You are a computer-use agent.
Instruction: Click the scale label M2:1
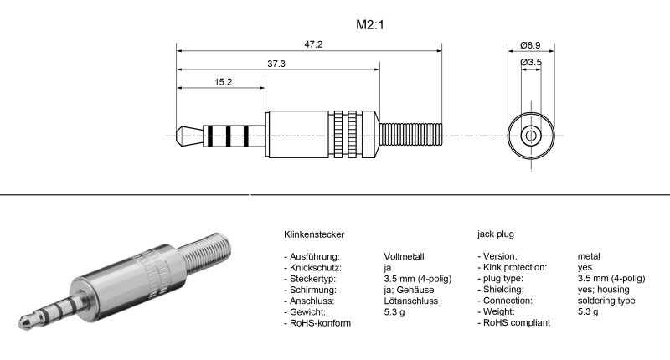point(369,25)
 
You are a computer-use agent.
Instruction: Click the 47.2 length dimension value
point(313,44)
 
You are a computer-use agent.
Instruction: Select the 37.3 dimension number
point(276,64)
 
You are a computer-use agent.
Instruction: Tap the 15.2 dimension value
point(223,82)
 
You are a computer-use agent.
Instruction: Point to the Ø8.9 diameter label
point(529,44)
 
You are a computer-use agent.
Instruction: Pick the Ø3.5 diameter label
point(530,63)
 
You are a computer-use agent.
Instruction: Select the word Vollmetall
point(405,256)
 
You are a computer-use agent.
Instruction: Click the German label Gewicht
point(312,312)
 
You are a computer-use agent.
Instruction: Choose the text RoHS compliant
point(518,323)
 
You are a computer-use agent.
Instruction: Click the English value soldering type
point(606,301)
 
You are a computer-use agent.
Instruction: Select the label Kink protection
point(515,267)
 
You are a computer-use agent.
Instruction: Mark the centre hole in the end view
point(530,135)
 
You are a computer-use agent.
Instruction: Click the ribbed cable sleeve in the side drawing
point(410,134)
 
